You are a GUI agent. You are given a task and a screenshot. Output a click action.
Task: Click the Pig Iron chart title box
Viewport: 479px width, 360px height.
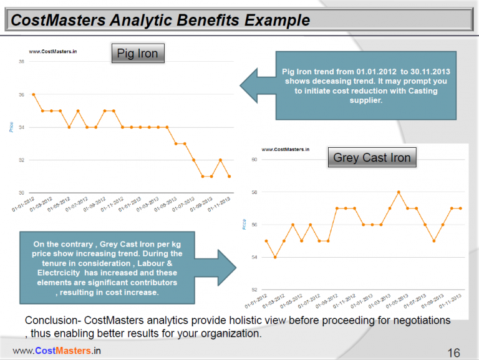click(138, 54)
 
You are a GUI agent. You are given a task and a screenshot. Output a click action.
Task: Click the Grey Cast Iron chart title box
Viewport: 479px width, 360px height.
click(372, 157)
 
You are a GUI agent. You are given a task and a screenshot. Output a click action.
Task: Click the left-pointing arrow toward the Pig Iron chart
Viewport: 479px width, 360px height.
click(256, 85)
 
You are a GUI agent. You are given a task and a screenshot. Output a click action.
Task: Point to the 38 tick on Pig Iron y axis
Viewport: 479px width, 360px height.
click(22, 62)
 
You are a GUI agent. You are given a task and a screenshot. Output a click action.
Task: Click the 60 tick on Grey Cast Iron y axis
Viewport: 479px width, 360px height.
click(254, 160)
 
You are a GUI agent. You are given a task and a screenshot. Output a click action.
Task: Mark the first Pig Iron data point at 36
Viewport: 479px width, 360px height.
click(33, 95)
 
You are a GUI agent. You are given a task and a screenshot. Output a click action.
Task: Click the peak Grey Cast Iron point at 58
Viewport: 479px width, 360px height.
click(399, 192)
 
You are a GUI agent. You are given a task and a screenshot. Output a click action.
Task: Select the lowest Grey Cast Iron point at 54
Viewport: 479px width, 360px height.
click(275, 257)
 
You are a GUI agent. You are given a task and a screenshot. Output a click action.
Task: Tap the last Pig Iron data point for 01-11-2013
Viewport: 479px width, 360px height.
click(230, 177)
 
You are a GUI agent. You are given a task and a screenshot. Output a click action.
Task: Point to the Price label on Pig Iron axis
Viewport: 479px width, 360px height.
click(11, 127)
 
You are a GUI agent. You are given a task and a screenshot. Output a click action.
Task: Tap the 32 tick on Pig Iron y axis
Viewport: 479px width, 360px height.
click(22, 160)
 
